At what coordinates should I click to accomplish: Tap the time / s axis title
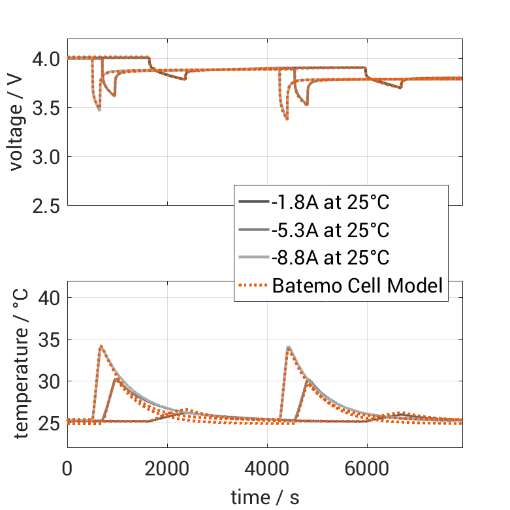coord(265,497)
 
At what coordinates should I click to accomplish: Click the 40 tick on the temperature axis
coord(50,298)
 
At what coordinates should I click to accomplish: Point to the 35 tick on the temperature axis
coord(50,340)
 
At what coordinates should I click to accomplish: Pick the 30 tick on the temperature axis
coord(50,381)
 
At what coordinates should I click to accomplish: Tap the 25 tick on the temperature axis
coord(50,423)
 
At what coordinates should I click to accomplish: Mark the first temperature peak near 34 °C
coord(101,346)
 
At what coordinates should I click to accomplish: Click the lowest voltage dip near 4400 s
coord(287,119)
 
